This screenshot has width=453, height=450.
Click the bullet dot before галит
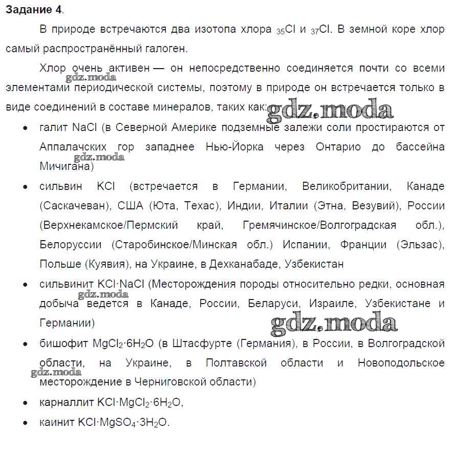(25, 128)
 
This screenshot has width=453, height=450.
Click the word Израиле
(336, 304)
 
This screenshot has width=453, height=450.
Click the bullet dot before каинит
(25, 423)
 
